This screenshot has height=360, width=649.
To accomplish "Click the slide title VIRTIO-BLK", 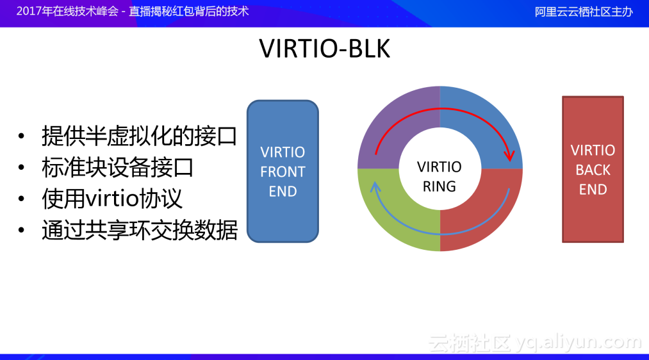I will point(324,49).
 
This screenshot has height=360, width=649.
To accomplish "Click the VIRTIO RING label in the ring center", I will point(440,176).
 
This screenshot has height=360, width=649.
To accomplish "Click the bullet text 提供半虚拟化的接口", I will point(139,136).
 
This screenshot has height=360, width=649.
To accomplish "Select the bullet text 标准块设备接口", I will point(118,167).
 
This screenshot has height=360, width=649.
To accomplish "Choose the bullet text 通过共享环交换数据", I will point(139,230).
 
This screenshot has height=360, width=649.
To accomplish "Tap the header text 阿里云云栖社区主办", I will point(584,12).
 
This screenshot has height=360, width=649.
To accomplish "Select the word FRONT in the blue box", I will point(283,172).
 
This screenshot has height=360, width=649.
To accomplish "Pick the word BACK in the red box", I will point(593,170).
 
